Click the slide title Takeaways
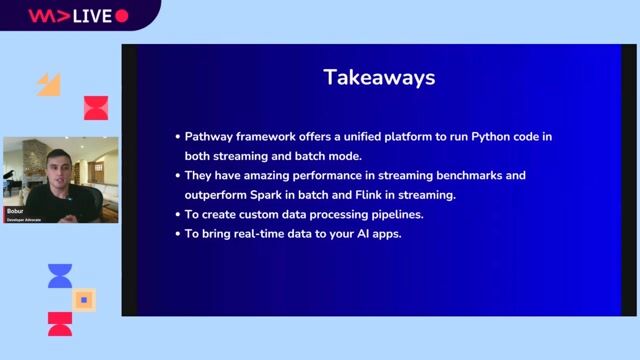[379, 77]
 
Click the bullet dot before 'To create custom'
[176, 215]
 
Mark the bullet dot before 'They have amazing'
[176, 175]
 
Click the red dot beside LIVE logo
[122, 16]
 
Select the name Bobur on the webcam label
[15, 212]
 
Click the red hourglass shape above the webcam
[96, 108]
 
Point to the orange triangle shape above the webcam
[49, 85]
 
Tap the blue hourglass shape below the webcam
[60, 276]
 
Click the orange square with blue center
[84, 299]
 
